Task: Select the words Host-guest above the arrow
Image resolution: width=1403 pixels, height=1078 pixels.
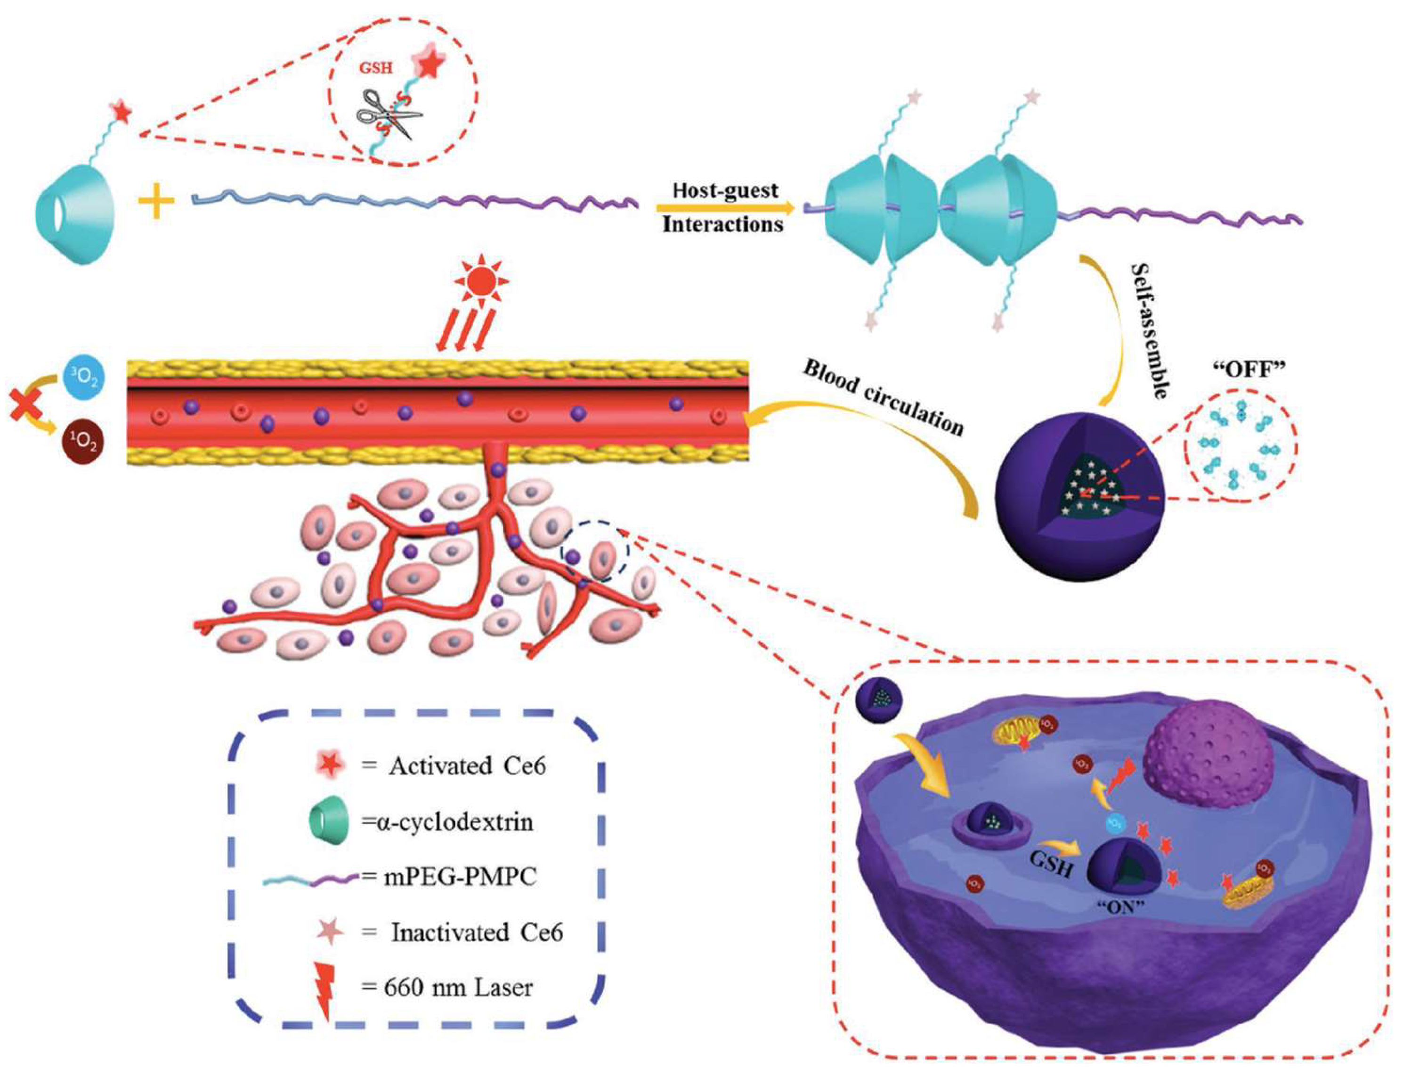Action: [725, 190]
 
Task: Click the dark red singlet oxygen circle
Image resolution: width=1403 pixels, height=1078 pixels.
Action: [84, 443]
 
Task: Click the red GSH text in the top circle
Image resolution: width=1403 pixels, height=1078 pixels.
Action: [375, 67]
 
